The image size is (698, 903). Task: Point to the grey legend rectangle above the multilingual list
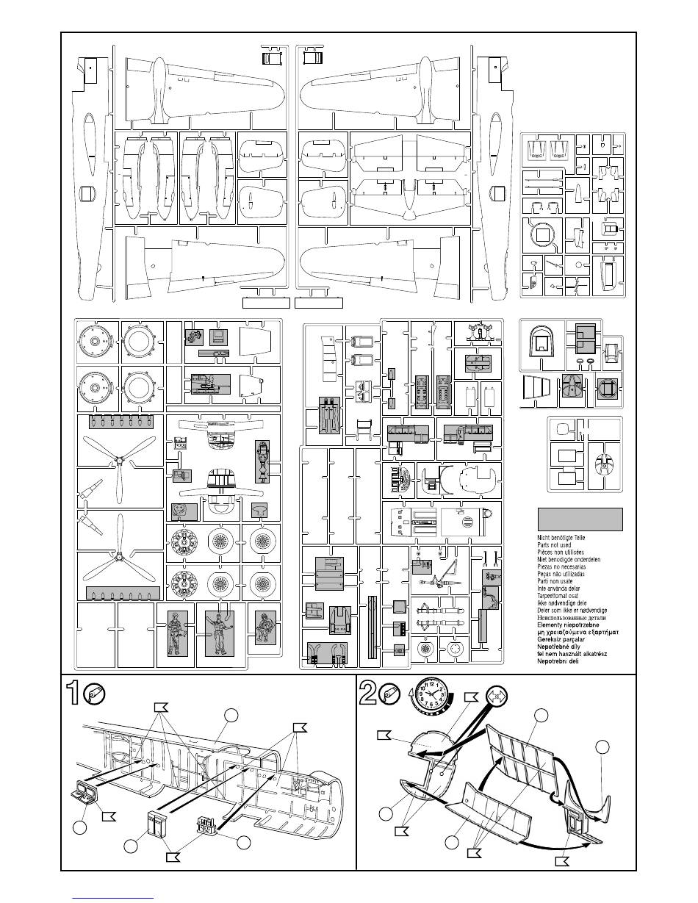point(580,519)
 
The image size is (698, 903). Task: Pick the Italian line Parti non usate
point(561,581)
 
